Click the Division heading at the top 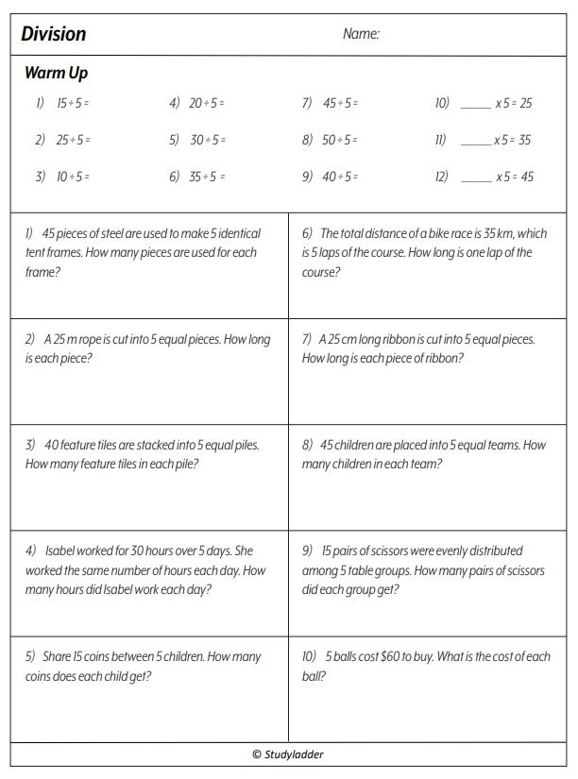pyautogui.click(x=54, y=35)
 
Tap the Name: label pyautogui.click(x=361, y=35)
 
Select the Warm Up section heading pyautogui.click(x=57, y=74)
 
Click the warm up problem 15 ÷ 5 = pyautogui.click(x=74, y=104)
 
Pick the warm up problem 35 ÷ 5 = pyautogui.click(x=208, y=177)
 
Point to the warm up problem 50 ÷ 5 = pyautogui.click(x=341, y=141)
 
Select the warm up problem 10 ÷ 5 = pyautogui.click(x=74, y=177)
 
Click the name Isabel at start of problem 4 pyautogui.click(x=59, y=550)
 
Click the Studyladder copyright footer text pyautogui.click(x=288, y=754)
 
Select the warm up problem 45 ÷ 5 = pyautogui.click(x=341, y=104)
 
